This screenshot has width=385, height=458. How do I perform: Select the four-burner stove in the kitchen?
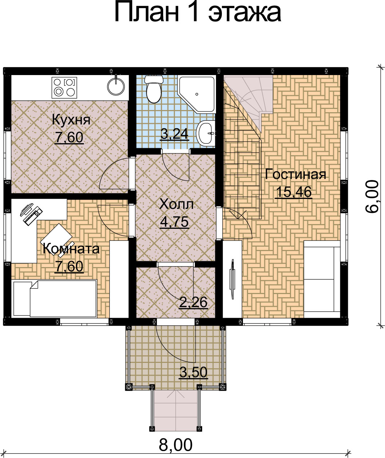click(x=64, y=87)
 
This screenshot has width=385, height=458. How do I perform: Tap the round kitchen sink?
click(x=116, y=86)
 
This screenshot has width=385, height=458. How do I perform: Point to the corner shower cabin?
click(x=196, y=94)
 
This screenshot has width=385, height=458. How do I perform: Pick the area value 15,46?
click(x=294, y=192)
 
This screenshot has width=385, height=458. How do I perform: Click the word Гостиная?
click(x=295, y=174)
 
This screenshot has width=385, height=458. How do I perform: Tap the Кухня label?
click(x=71, y=120)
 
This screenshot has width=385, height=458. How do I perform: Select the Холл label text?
click(x=176, y=204)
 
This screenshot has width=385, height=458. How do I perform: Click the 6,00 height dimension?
click(x=372, y=196)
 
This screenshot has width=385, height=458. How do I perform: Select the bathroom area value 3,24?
click(x=174, y=134)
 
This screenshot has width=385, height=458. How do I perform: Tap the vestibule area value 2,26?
click(x=193, y=302)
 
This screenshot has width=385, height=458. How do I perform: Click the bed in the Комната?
click(x=55, y=298)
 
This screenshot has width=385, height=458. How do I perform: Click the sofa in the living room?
click(x=322, y=279)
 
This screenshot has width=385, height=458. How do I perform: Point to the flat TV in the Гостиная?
click(x=232, y=279)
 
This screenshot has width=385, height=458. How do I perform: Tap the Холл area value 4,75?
click(x=174, y=222)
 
